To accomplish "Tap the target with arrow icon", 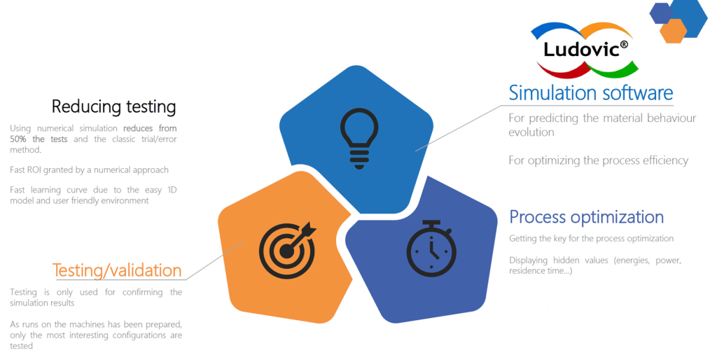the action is (x=288, y=250).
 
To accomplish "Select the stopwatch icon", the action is (x=431, y=249).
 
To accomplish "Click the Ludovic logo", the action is (x=585, y=50).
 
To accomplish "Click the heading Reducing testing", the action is (x=114, y=106).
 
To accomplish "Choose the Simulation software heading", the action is (x=591, y=92).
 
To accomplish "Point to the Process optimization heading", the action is (x=587, y=217).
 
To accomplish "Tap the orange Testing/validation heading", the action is (x=117, y=270).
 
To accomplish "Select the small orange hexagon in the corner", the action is (x=673, y=31).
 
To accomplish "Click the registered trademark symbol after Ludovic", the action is (x=624, y=44).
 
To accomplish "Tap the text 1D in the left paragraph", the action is (x=172, y=190).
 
